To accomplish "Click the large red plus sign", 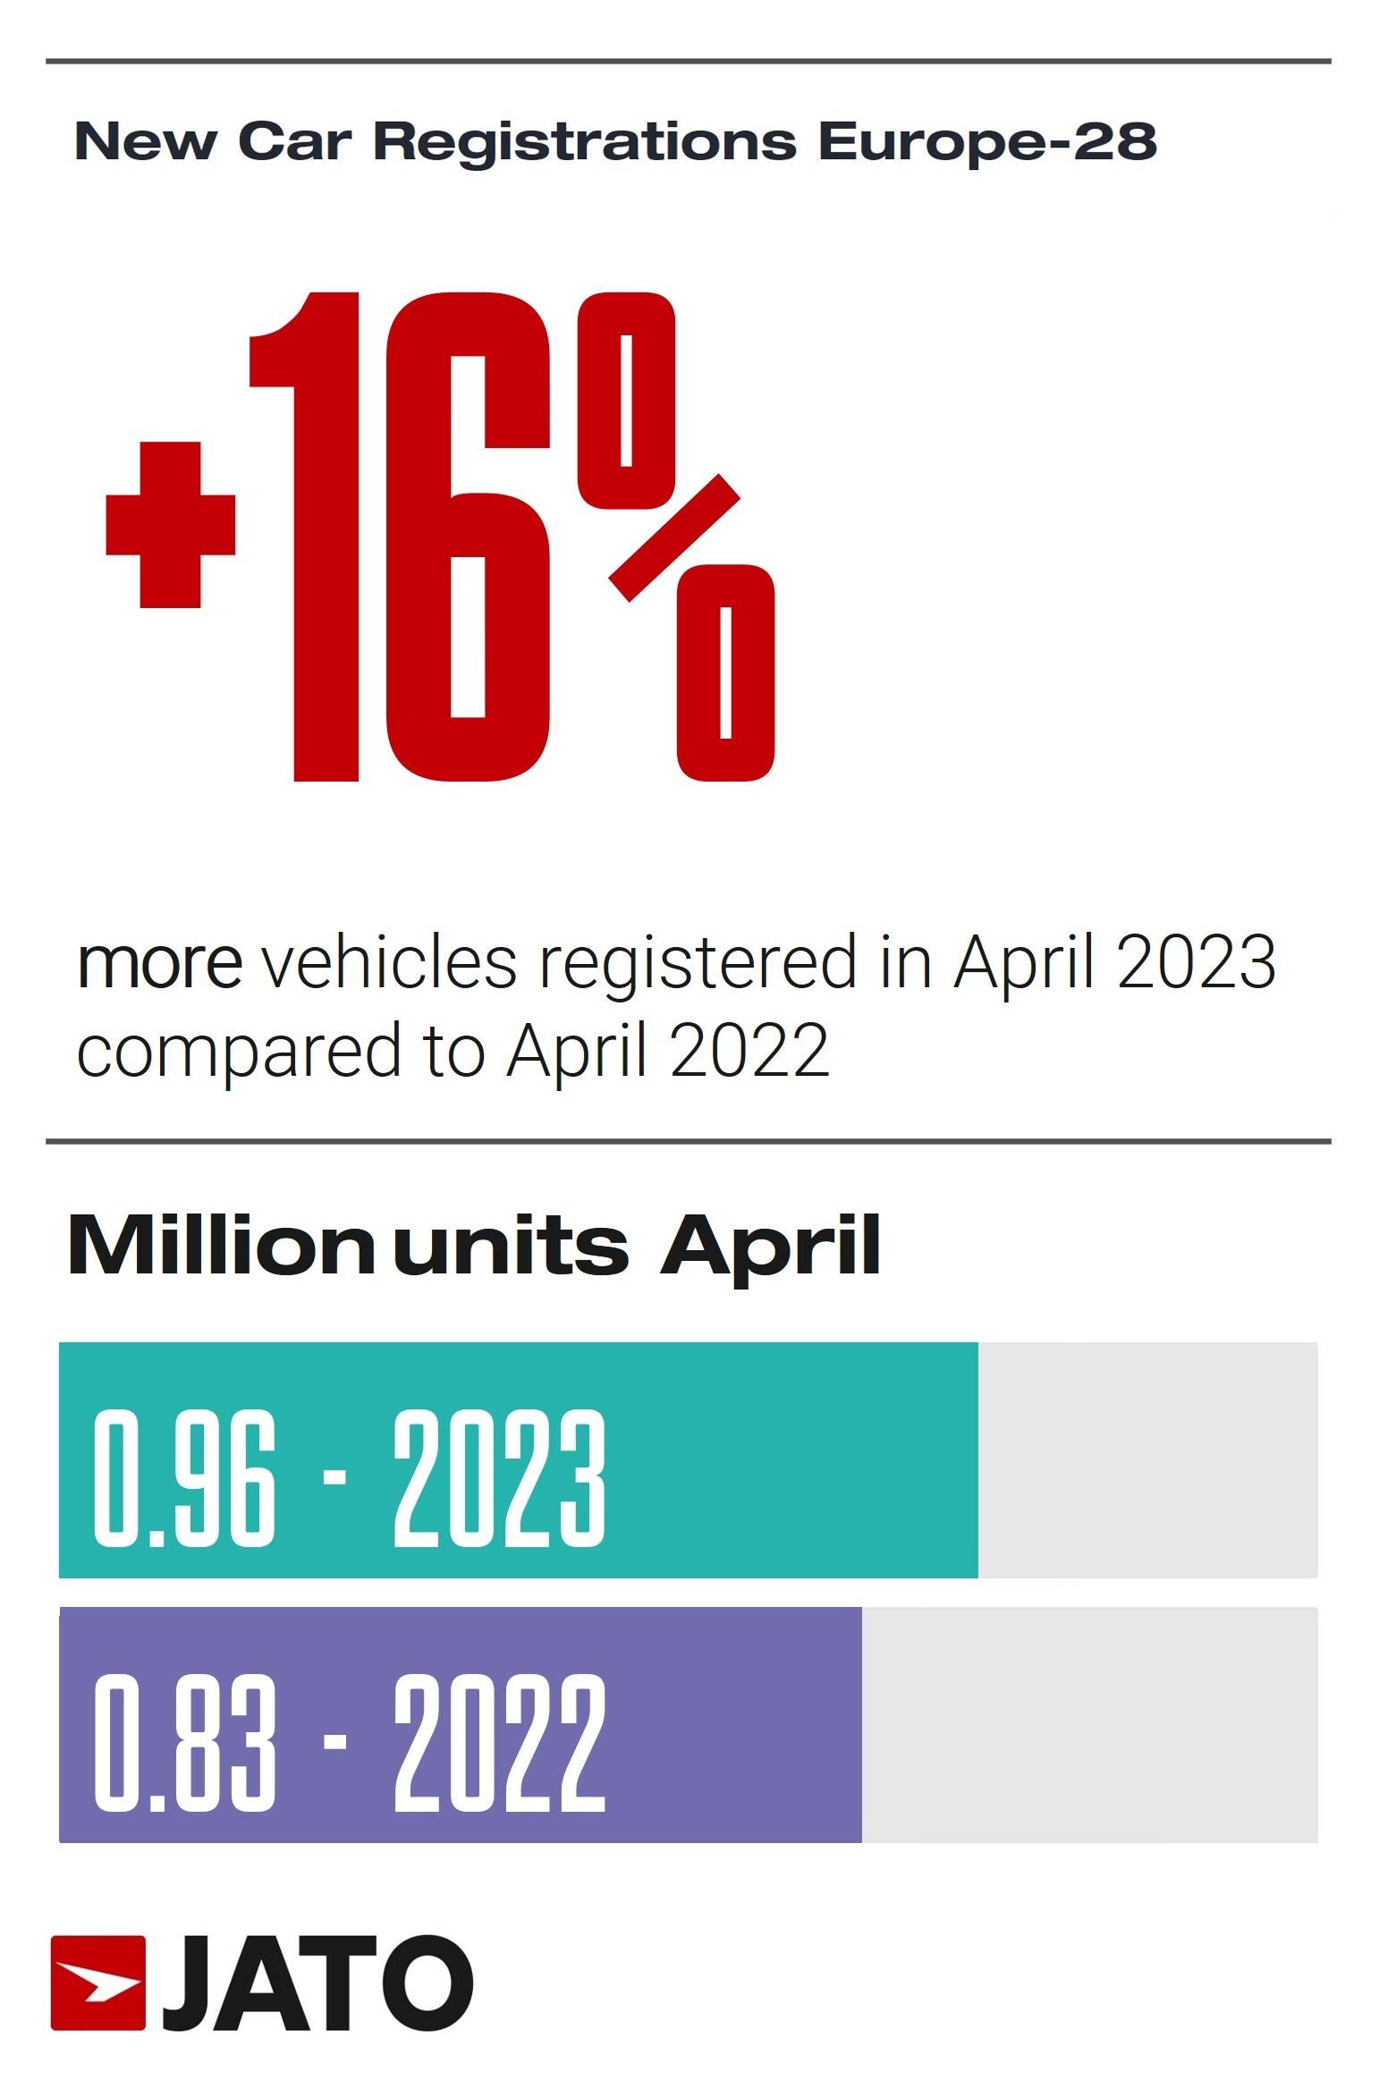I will coord(170,525).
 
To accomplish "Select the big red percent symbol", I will coord(675,537).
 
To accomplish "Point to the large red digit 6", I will coord(467,537).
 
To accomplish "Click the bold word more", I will coord(159,964).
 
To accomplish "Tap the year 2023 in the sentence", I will coord(1196,964).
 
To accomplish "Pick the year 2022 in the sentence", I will coord(749,1052).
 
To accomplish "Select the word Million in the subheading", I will coord(220,1246).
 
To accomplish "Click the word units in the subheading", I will coord(511,1246).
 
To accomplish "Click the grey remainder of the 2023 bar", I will coord(1146,1459).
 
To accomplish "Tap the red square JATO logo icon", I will coord(97,1983).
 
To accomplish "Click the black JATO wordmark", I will coord(317,1983).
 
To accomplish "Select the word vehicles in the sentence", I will coord(388,964).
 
